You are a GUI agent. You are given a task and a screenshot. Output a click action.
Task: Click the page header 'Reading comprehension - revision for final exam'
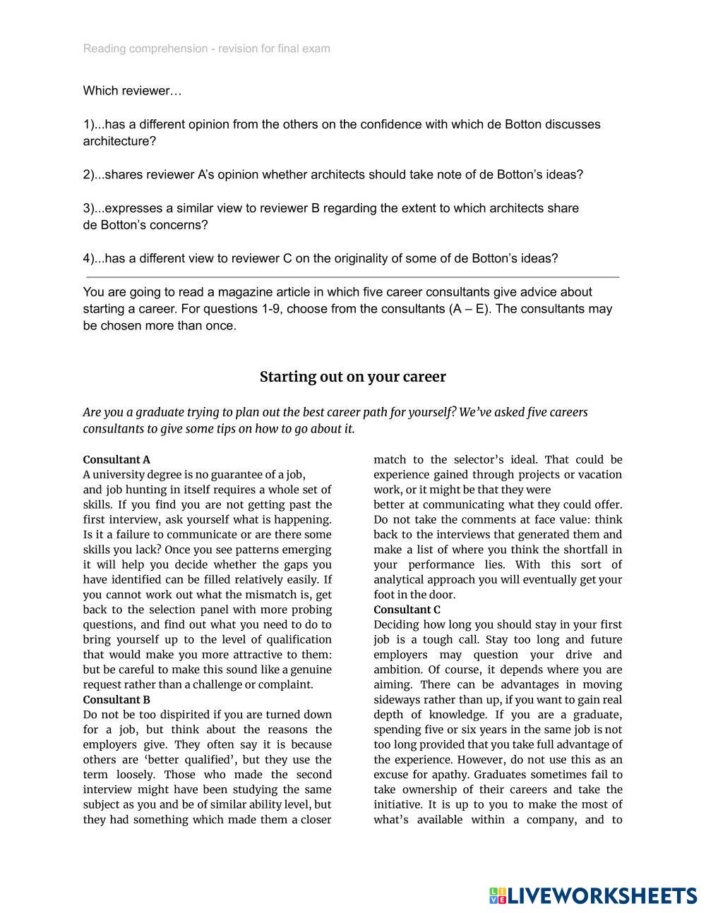206,49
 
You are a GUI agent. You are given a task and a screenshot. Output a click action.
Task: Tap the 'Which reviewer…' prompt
132,91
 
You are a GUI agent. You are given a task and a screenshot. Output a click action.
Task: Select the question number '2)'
88,174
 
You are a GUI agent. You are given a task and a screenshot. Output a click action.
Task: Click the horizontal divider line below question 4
353,277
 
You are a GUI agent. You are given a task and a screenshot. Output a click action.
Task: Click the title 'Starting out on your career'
352,377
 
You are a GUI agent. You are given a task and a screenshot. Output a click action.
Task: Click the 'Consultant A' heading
116,459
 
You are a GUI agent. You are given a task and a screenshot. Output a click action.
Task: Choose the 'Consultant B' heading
116,700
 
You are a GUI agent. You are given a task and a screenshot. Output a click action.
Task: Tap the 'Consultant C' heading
407,610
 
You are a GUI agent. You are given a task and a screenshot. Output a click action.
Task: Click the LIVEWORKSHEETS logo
592,895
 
